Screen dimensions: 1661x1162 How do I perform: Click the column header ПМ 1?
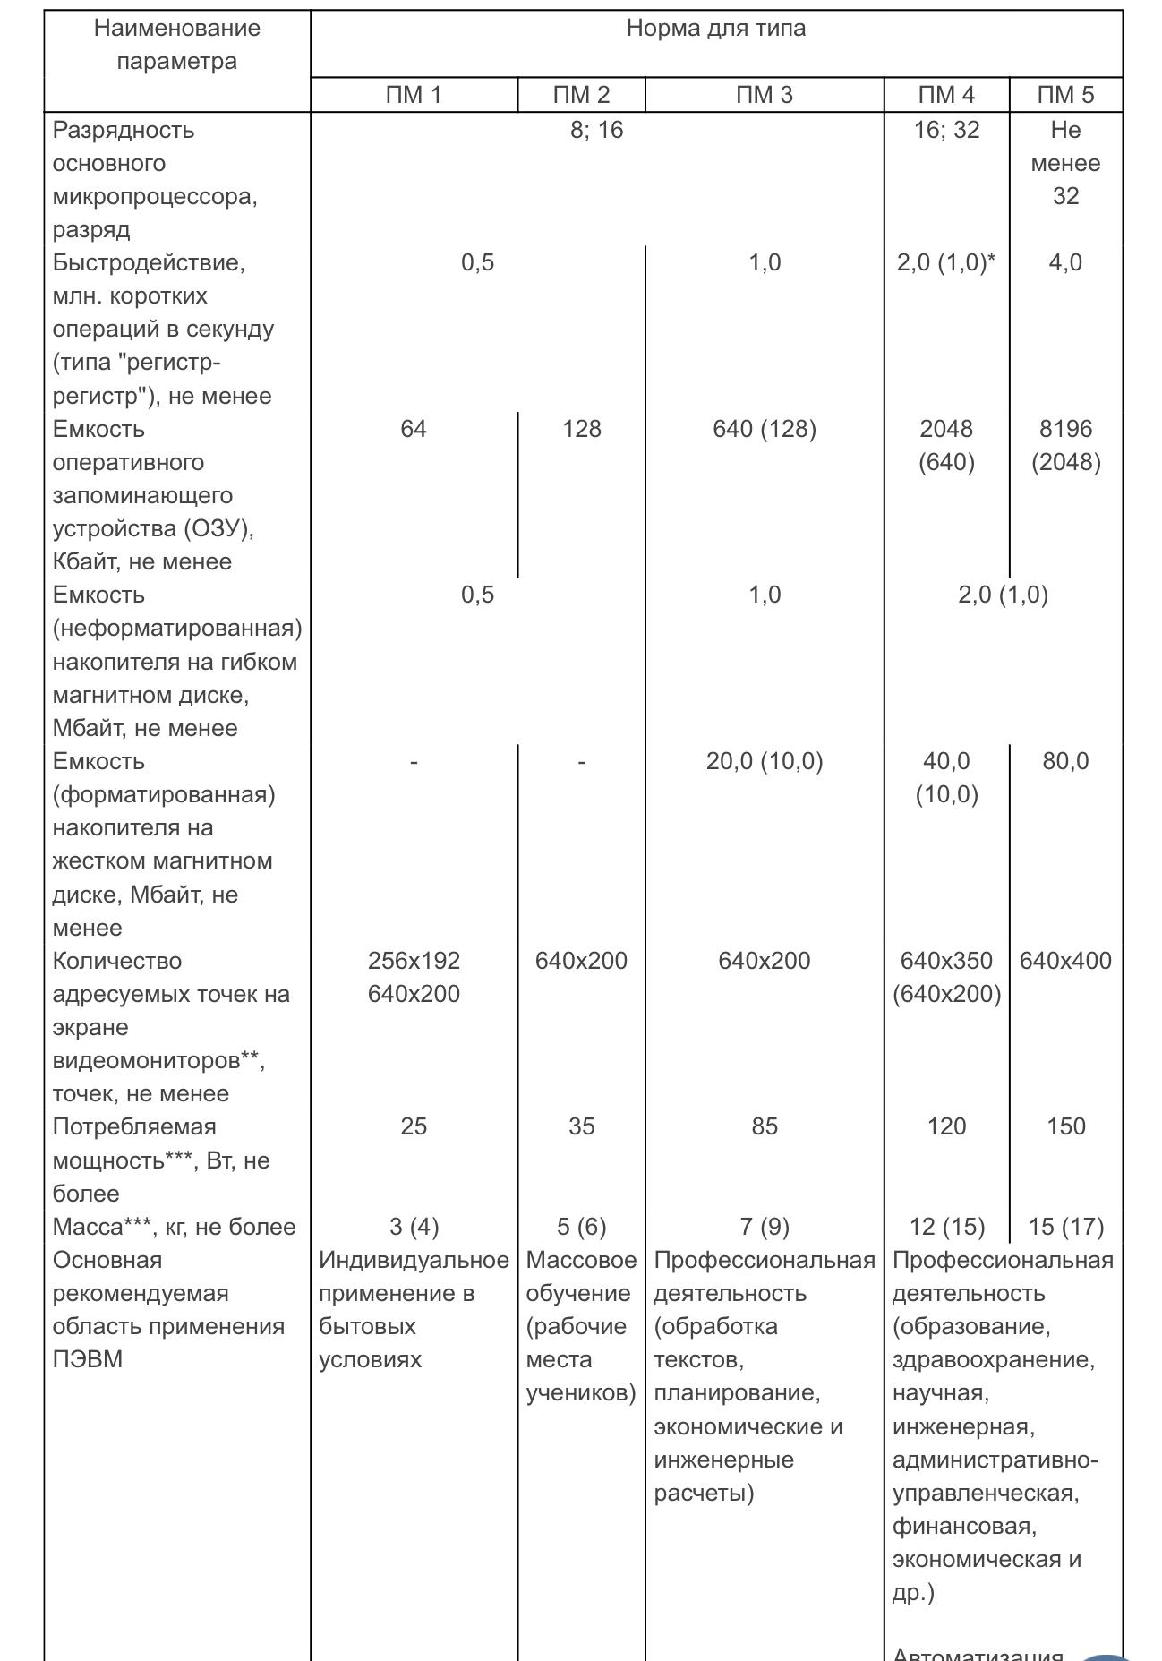[414, 95]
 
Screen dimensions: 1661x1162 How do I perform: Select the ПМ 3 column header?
[764, 95]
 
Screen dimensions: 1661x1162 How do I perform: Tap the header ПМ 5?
[1065, 95]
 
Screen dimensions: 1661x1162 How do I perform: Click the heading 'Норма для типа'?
[715, 29]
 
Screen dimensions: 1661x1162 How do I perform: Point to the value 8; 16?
[596, 131]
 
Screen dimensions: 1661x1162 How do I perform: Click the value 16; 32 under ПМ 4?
[946, 131]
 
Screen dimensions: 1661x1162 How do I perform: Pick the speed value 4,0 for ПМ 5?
[1065, 263]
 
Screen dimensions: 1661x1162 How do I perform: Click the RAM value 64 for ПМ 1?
[414, 430]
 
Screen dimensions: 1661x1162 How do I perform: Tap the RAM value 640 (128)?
[764, 430]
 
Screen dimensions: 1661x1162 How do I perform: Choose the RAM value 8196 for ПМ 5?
[1065, 430]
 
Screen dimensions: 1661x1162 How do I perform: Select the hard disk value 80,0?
[1065, 762]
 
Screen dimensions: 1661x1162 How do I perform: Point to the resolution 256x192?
[414, 961]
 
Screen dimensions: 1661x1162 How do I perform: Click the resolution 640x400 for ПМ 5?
[1065, 961]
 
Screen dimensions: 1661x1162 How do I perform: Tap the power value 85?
[764, 1126]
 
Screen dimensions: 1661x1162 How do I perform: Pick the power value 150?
[1065, 1126]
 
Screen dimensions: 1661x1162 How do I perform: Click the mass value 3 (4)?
[414, 1227]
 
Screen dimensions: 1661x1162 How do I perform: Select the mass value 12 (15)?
[946, 1227]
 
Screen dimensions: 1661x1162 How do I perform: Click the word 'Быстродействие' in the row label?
[148, 263]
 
